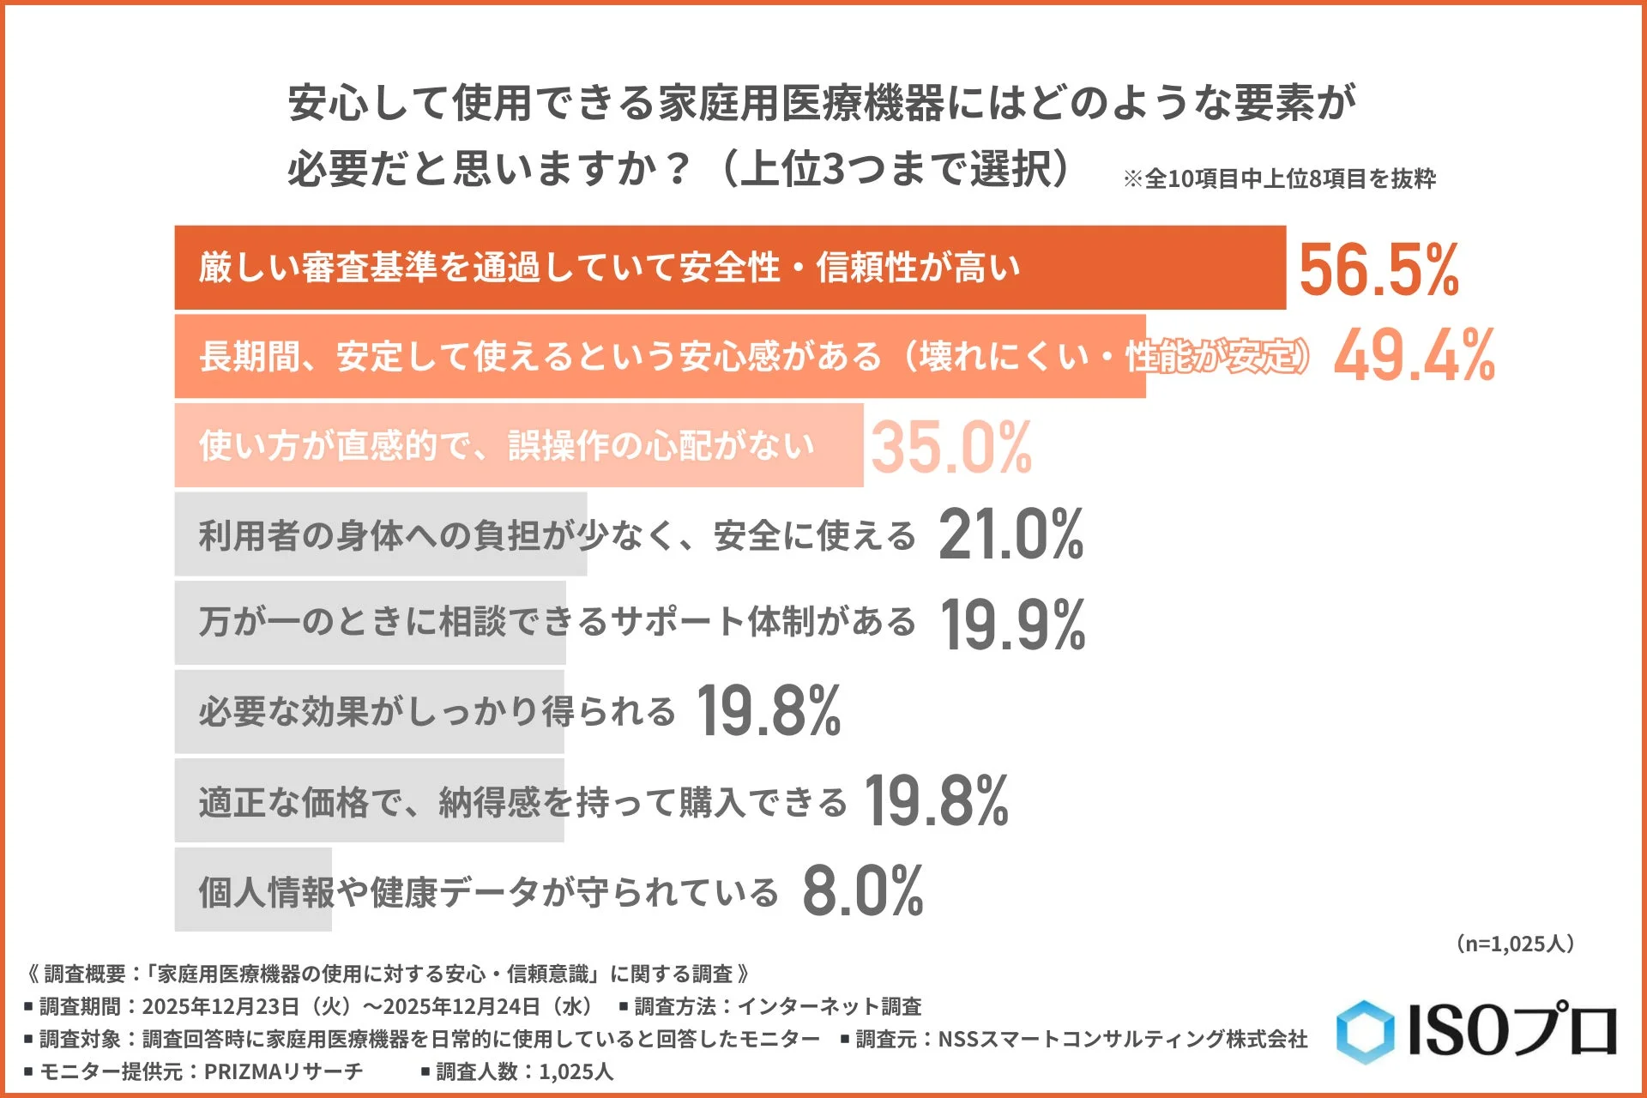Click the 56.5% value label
pos(1379,269)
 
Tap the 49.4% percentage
pos(1415,356)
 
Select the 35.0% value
pos(951,447)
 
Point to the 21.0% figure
pos(1011,534)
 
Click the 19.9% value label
pos(1013,624)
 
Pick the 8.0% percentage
pos(863,891)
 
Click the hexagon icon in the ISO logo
pos(1365,1031)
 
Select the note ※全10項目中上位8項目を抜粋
pos(1279,178)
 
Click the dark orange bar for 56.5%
pos(729,268)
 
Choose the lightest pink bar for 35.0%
pos(518,446)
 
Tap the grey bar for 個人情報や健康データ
pos(253,890)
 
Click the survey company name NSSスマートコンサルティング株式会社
pos(1123,1039)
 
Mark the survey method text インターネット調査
pos(830,1005)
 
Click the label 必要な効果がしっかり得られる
pos(437,712)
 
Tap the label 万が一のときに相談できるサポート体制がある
pos(558,623)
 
